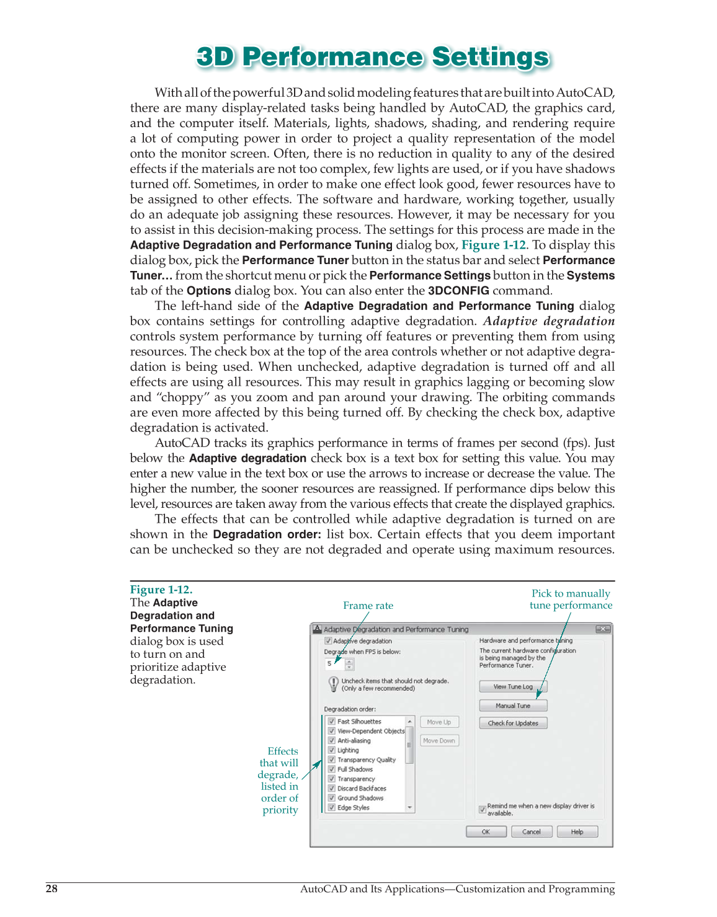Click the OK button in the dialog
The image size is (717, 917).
(x=486, y=832)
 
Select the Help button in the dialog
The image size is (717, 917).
(x=577, y=832)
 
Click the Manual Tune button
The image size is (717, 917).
(x=513, y=706)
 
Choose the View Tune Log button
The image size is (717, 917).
(x=513, y=686)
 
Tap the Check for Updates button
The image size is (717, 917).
(x=513, y=723)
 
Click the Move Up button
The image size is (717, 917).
(x=439, y=722)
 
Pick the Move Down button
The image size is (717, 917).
(x=439, y=740)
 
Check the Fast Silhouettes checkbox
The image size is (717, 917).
(x=332, y=721)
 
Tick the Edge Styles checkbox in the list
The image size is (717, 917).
(x=332, y=807)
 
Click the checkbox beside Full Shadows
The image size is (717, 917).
(x=332, y=769)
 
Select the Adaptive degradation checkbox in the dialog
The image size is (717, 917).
(x=329, y=641)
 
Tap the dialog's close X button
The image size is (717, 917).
(x=602, y=629)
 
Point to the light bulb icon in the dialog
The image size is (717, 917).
(x=333, y=684)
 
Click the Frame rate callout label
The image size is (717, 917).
(x=368, y=606)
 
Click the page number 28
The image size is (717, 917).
(x=51, y=888)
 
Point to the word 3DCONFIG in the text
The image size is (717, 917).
(x=458, y=291)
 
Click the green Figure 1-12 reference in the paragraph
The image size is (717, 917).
(x=494, y=245)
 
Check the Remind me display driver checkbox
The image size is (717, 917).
(x=483, y=810)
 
